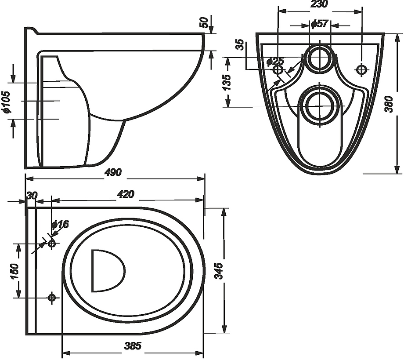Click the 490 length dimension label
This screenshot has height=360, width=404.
coord(114,172)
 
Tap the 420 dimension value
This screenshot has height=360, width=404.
coord(126,194)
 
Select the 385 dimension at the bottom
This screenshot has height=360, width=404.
coord(133,346)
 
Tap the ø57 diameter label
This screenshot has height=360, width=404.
coord(319,24)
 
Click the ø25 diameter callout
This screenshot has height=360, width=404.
coord(276,60)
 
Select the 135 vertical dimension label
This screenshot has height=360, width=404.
coord(227,82)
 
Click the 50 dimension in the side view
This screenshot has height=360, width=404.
coord(203,22)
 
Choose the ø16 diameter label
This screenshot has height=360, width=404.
coord(60,224)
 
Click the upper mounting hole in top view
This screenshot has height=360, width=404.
coord(52,243)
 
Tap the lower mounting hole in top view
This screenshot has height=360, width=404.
coord(52,298)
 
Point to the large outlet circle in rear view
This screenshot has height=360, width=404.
coord(319,105)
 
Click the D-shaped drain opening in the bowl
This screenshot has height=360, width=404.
coord(107,270)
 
